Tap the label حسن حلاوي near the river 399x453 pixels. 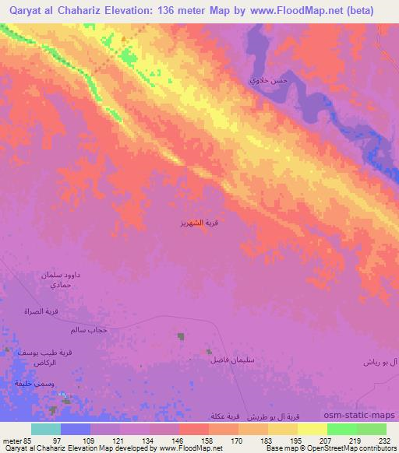point(263,81)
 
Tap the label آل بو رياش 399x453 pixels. point(380,363)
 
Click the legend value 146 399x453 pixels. point(179,441)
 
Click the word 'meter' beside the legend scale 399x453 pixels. point(11,441)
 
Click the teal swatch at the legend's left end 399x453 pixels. point(46,429)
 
